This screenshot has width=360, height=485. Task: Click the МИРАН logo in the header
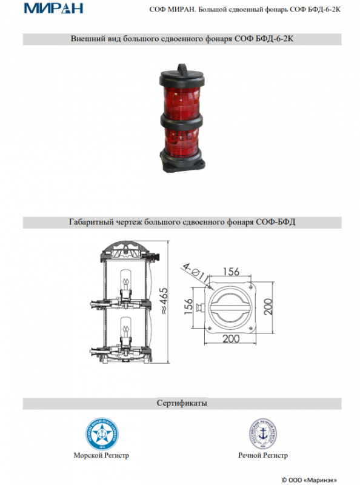tap(53, 8)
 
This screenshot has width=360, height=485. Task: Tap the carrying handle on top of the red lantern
tap(182, 67)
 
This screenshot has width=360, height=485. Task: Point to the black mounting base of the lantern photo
tap(182, 161)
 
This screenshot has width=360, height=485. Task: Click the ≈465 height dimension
tap(164, 301)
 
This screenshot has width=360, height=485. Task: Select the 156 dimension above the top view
tap(231, 272)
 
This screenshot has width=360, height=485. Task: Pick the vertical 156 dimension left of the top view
tap(188, 306)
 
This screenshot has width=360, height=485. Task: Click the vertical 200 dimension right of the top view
tap(268, 307)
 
